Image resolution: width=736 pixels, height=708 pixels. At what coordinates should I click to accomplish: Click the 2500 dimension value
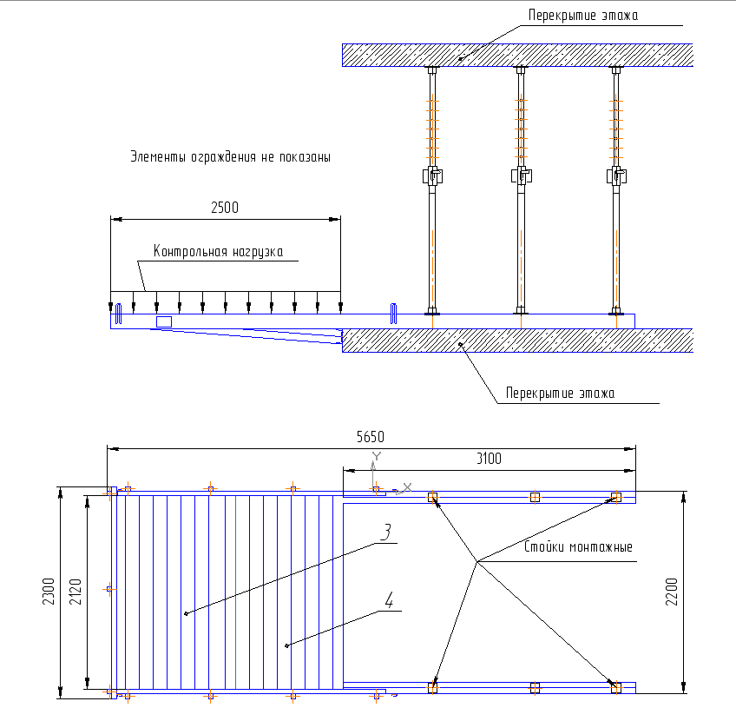click(x=224, y=208)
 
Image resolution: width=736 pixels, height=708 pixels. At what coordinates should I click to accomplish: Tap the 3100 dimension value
click(x=488, y=458)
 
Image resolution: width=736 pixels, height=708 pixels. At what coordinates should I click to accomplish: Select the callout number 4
click(x=390, y=599)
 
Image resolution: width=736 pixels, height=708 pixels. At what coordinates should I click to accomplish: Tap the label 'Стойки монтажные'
click(x=578, y=548)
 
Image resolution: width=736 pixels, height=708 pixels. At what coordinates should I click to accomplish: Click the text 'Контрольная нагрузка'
click(x=218, y=252)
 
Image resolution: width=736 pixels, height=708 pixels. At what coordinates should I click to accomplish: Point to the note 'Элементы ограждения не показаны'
click(x=230, y=157)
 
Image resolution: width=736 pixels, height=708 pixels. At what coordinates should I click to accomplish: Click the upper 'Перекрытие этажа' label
click(x=582, y=15)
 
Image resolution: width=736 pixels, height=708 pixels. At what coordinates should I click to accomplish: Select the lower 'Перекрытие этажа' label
click(x=561, y=394)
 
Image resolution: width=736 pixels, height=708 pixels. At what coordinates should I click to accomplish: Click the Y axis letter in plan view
click(x=376, y=456)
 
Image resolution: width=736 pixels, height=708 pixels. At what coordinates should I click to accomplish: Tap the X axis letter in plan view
click(x=408, y=486)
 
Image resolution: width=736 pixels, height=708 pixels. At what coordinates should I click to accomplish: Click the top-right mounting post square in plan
click(x=616, y=497)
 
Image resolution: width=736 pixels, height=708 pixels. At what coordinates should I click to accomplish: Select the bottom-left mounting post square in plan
click(x=432, y=687)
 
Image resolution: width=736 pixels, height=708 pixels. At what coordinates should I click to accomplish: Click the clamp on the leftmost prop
click(x=434, y=176)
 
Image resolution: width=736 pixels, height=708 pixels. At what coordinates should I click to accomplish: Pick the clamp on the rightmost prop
click(x=618, y=176)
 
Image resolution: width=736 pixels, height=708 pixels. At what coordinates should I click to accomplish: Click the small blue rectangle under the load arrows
click(x=163, y=321)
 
